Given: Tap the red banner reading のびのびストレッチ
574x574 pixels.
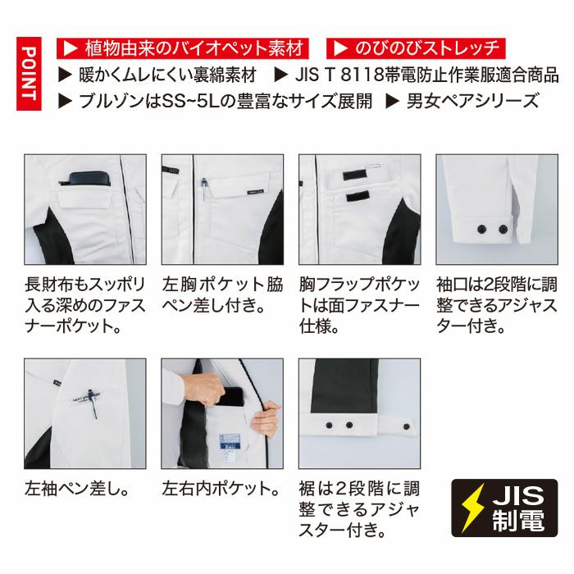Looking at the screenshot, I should coord(414,48).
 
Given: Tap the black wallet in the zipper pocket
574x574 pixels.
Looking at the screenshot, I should coord(86,179).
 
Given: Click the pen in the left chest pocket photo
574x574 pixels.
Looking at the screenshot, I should coord(203,189).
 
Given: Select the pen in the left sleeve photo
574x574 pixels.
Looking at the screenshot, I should coord(96,402).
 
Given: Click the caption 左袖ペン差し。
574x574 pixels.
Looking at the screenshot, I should coord(78,490).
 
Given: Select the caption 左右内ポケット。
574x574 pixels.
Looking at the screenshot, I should coord(221,490).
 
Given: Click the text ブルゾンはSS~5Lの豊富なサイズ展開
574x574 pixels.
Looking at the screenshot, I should coord(216,102).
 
